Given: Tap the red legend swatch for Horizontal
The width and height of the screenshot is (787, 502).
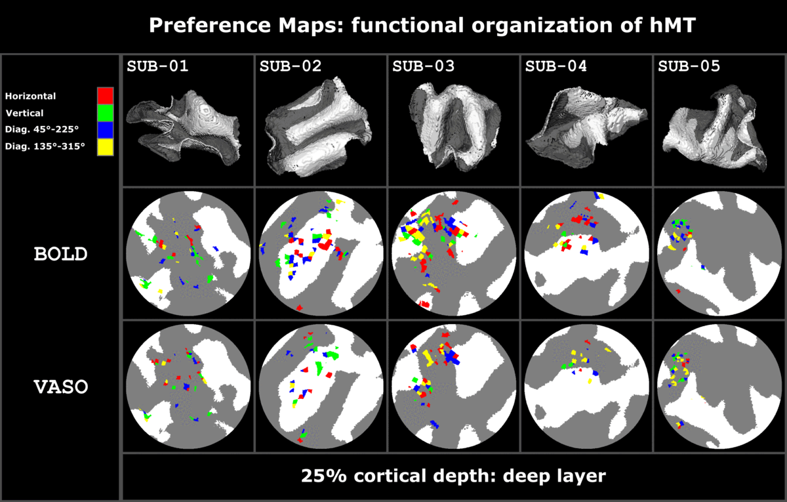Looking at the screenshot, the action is click(x=105, y=96).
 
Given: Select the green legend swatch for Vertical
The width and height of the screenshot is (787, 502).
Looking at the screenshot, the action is click(x=105, y=113).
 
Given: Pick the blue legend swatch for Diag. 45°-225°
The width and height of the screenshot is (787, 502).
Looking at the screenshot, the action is click(x=105, y=130).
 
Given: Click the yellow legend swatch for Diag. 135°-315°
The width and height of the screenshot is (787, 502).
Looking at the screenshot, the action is click(x=105, y=147).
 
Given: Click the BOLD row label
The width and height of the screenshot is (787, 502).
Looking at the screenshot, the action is click(x=60, y=254).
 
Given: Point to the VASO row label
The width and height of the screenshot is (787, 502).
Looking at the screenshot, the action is click(x=60, y=387).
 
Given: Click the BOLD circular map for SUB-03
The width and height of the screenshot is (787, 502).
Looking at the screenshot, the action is click(x=453, y=253).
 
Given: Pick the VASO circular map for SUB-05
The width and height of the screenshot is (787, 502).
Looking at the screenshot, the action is click(x=718, y=387).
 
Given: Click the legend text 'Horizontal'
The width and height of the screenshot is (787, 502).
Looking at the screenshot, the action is click(x=31, y=96).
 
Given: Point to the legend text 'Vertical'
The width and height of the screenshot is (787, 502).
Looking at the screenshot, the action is click(x=24, y=113).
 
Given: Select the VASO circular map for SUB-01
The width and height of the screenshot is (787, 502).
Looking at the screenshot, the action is click(x=188, y=387).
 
